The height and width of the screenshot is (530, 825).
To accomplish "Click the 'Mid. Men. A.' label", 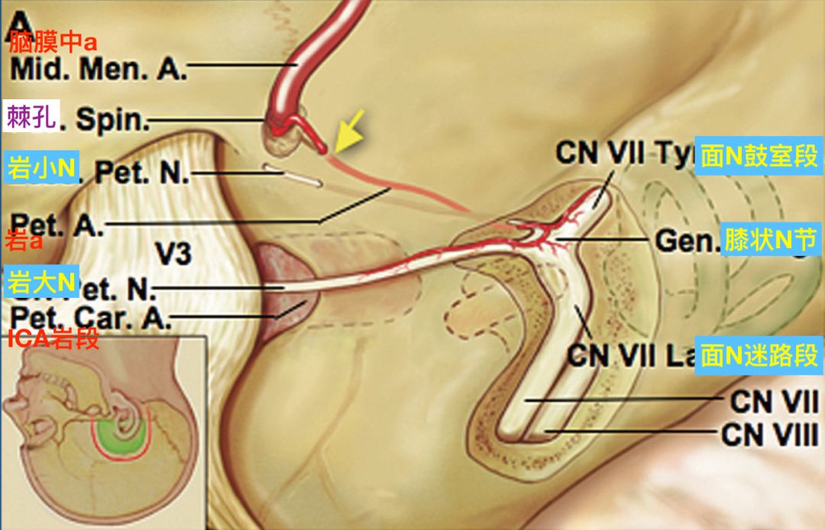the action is tap(99, 69).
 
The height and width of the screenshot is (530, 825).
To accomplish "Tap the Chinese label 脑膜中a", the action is tap(53, 43).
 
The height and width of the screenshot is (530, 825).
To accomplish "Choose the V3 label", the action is tap(178, 252).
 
